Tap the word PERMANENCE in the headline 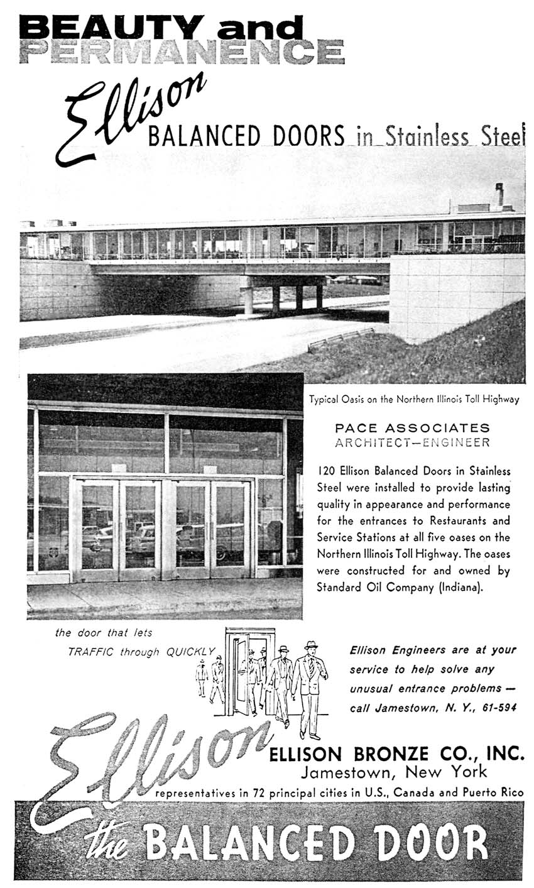pos(182,52)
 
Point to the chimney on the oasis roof pos(499,194)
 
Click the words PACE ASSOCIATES pos(412,428)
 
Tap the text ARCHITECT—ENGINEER pos(412,442)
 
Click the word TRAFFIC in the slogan pos(90,652)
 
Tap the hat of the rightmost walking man pos(311,645)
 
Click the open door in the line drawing pos(240,676)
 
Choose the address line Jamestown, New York pos(394,772)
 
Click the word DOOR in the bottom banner pos(438,843)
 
